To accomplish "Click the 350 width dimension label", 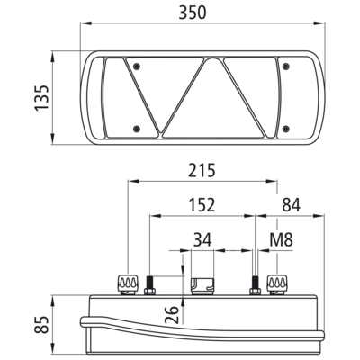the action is pyautogui.click(x=193, y=13).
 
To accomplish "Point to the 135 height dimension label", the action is pyautogui.click(x=41, y=98).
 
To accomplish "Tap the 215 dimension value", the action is pyautogui.click(x=202, y=171).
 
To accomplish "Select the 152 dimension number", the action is pyautogui.click(x=202, y=205).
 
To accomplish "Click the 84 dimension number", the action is pyautogui.click(x=291, y=205).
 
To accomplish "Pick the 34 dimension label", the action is pyautogui.click(x=202, y=239).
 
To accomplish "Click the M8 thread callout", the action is pyautogui.click(x=281, y=239).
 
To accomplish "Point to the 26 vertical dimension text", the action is pyautogui.click(x=173, y=315).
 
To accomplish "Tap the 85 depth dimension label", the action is pyautogui.click(x=41, y=325).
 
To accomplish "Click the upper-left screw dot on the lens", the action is pyautogui.click(x=137, y=67).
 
